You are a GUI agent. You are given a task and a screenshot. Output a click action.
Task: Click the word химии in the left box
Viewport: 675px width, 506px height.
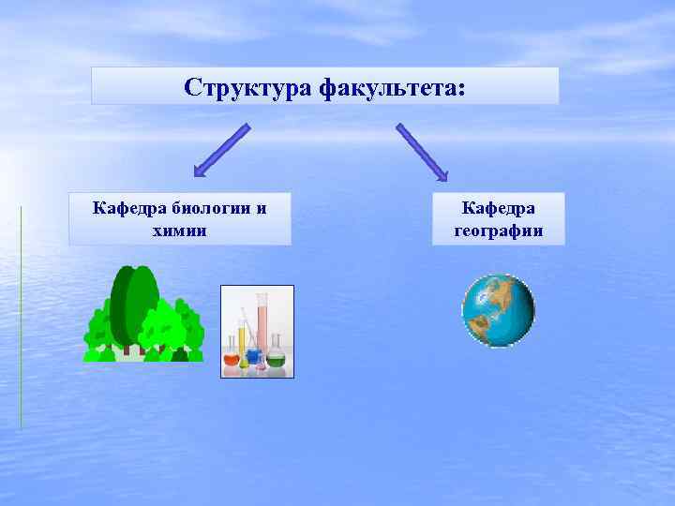pos(179,230)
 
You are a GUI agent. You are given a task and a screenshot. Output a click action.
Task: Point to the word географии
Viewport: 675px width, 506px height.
pos(498,231)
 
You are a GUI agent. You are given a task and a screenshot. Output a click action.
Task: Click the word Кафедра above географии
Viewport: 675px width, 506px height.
pos(498,207)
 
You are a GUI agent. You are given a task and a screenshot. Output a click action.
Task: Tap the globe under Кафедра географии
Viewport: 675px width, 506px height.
pos(498,310)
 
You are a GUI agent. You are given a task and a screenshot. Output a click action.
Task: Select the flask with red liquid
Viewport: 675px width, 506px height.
pos(232,357)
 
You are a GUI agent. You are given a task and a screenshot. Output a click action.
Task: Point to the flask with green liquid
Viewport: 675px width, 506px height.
pos(277,356)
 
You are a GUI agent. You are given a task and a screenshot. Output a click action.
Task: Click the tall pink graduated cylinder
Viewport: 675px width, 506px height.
pos(262,323)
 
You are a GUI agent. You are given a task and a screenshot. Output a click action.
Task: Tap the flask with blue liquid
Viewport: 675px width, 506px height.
pos(253,356)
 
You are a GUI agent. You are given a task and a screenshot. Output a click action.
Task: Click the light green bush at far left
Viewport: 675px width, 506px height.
pos(97,333)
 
